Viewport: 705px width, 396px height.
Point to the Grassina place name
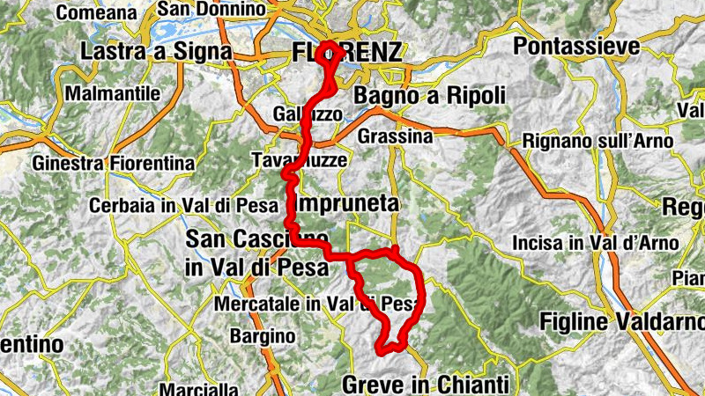pos(396,136)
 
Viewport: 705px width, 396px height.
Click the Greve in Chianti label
pos(425,384)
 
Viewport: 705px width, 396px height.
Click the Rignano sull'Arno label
pos(597,140)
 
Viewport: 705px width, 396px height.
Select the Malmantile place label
pos(114,92)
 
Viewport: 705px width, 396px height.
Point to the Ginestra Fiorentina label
pos(114,164)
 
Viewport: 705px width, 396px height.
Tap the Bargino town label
pos(262,335)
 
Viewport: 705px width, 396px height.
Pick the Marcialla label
pos(200,388)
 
